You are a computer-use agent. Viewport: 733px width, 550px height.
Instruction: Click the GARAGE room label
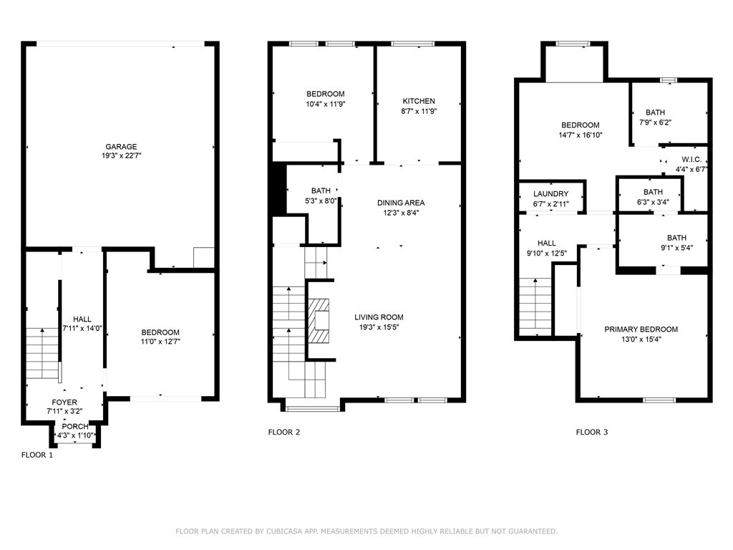121,146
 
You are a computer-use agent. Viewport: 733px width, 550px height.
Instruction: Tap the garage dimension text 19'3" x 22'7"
121,155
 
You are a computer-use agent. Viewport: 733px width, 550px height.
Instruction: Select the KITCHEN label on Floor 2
419,101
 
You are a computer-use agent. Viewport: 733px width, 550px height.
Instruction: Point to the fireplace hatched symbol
319,322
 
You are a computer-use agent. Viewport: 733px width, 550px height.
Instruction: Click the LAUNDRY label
550,193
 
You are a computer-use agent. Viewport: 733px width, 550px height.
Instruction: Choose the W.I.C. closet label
691,160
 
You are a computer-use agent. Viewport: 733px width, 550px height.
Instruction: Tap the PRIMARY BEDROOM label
641,329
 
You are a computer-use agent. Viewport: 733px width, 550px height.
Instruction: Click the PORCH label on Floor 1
75,427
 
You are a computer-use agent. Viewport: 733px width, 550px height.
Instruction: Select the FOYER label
64,402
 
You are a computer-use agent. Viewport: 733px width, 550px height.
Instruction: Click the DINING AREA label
401,203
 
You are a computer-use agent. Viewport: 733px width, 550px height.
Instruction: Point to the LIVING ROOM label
379,317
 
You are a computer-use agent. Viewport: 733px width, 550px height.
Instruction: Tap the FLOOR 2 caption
283,432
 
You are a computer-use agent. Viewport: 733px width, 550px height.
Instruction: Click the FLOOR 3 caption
592,432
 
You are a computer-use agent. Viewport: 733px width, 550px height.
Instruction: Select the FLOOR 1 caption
37,455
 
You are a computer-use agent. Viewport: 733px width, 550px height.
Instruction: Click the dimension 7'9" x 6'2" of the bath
656,122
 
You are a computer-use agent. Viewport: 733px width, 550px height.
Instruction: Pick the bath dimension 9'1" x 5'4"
676,248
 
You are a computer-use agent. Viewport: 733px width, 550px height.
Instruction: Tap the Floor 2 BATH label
321,190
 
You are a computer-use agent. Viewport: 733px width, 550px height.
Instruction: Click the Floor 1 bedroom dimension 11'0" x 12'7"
160,342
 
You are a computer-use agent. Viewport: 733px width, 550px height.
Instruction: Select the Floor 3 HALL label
546,243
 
